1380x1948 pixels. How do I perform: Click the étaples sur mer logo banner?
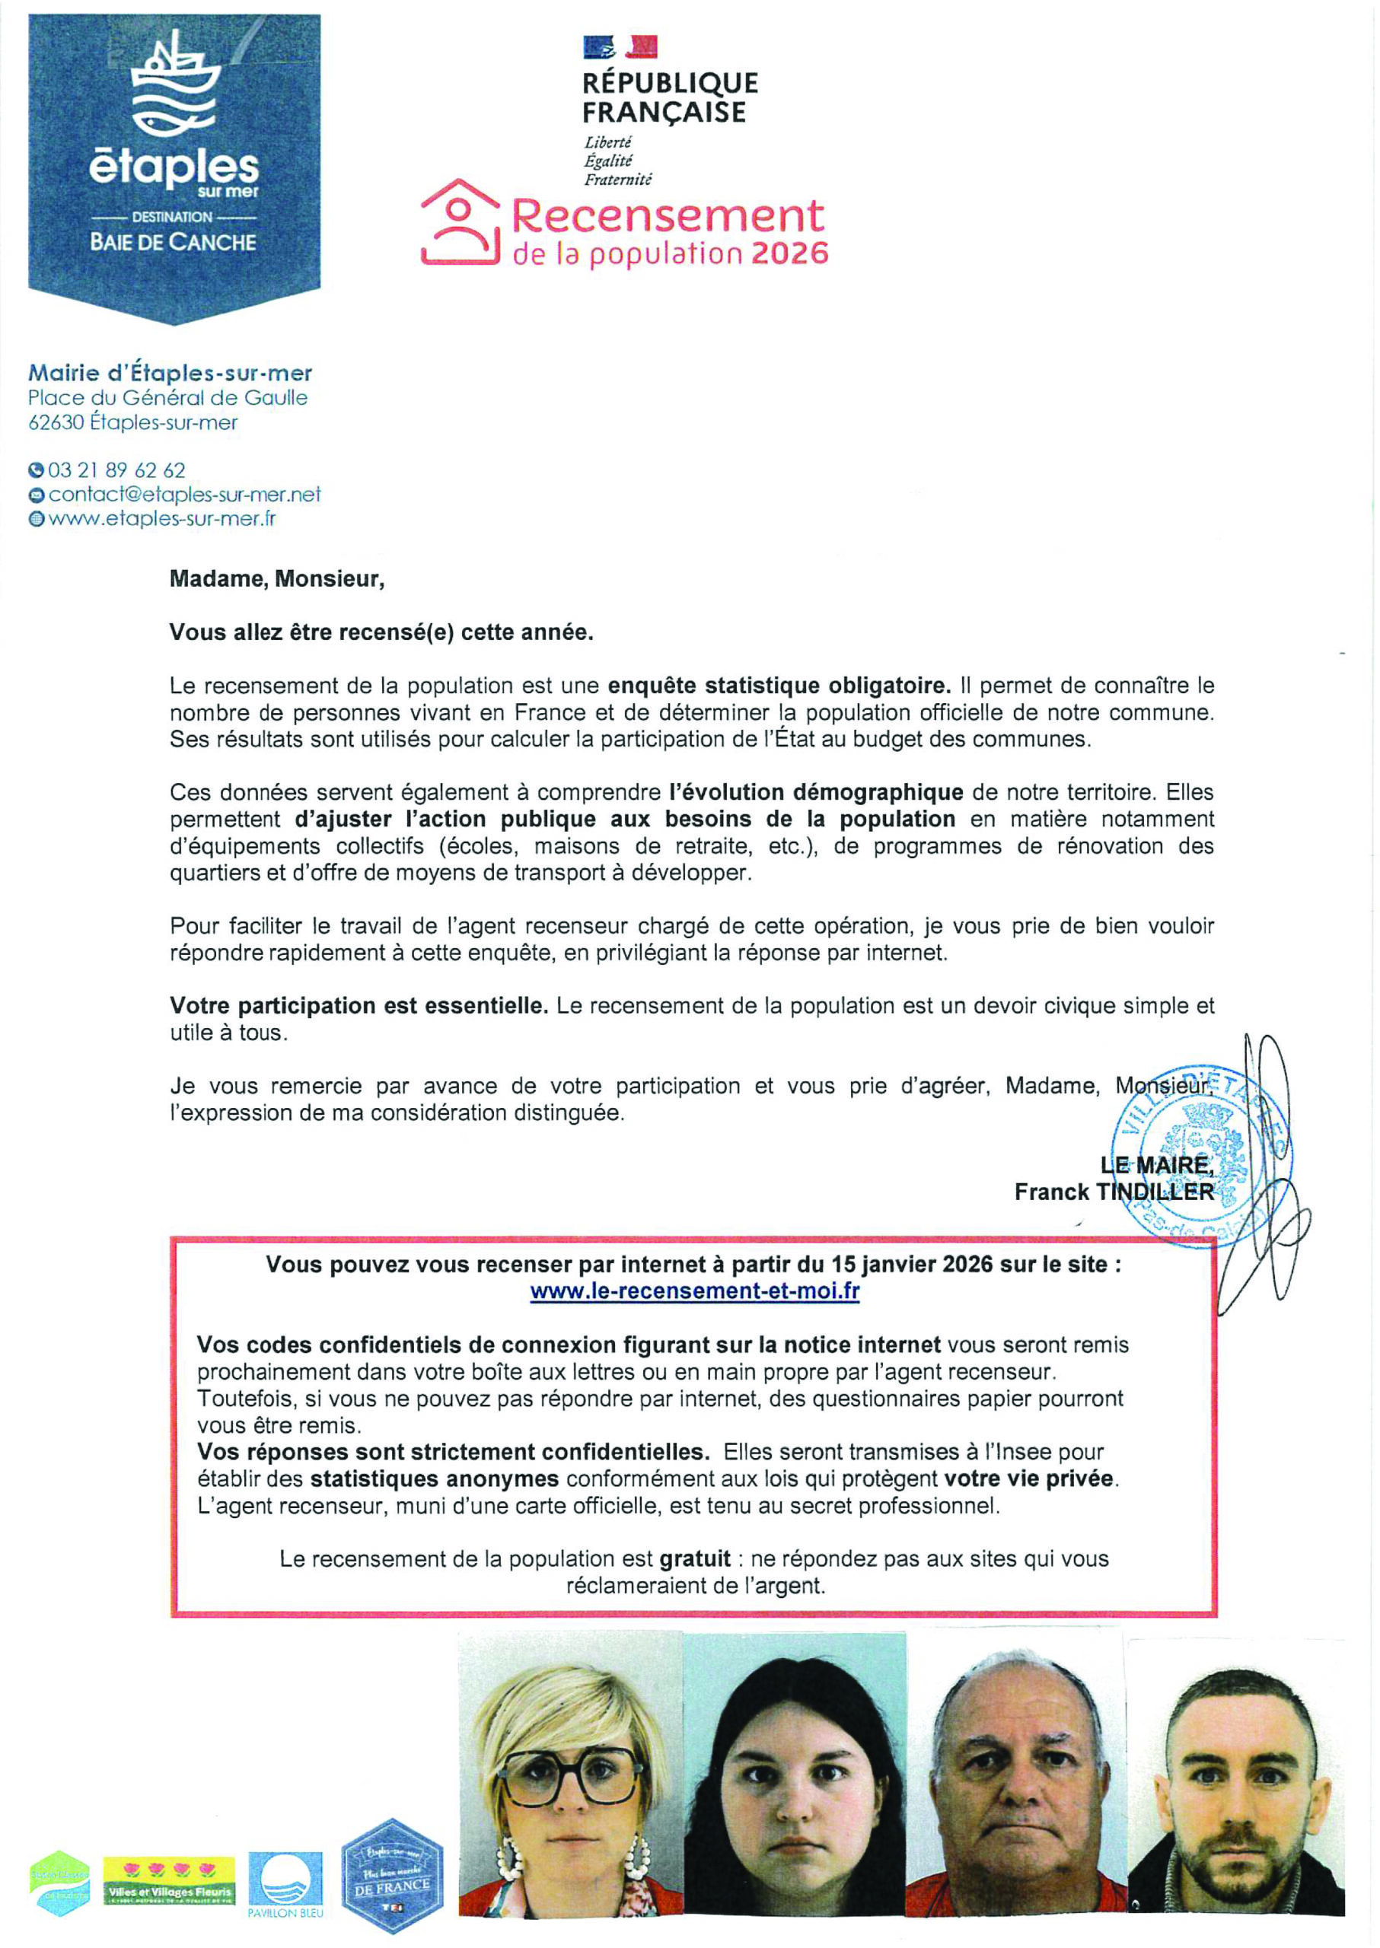pyautogui.click(x=174, y=166)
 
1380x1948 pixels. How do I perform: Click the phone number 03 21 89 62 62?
pyautogui.click(x=116, y=469)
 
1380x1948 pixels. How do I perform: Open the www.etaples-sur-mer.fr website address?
pyautogui.click(x=162, y=518)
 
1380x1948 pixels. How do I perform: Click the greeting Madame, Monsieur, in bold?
pyautogui.click(x=276, y=579)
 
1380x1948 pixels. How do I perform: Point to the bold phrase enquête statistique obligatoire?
pyautogui.click(x=779, y=685)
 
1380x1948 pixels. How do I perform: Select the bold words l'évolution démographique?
pyautogui.click(x=816, y=792)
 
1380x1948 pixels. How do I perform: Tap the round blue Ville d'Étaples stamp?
pyautogui.click(x=1203, y=1155)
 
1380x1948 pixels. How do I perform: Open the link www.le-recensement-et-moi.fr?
pyautogui.click(x=694, y=1291)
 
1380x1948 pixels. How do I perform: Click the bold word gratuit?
pyautogui.click(x=694, y=1559)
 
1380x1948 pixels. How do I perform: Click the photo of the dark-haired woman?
pyautogui.click(x=794, y=1775)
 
